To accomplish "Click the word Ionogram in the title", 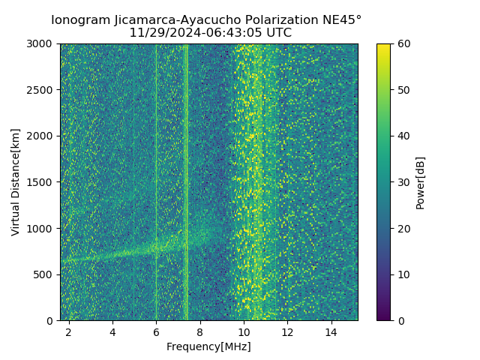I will tap(80, 19).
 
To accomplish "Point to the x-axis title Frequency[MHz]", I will tap(208, 346).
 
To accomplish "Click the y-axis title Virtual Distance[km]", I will tap(16, 181).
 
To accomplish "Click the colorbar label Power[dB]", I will tap(421, 182).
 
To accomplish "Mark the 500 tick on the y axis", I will tap(45, 274).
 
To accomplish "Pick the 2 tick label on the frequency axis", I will tap(69, 331).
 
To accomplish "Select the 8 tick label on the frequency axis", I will tap(200, 331).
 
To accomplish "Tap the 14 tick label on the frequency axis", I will tap(331, 331).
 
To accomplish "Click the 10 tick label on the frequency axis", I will tap(244, 331).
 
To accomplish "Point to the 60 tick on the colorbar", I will tap(403, 43).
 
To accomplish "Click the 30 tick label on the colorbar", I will tap(403, 182).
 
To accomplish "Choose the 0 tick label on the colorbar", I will tap(400, 320).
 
